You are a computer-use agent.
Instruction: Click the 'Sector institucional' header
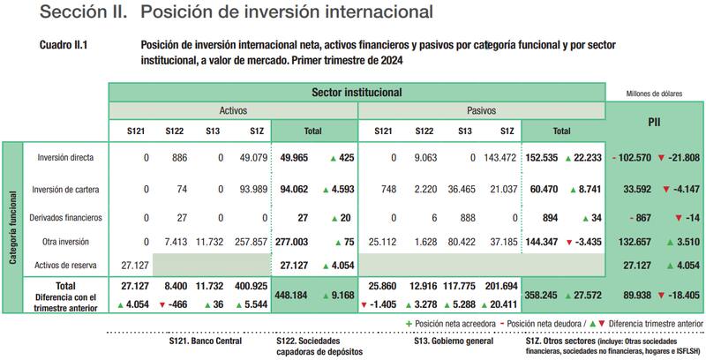[x=357, y=92]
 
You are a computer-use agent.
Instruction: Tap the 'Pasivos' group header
[x=482, y=111]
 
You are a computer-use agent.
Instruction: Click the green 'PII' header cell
[x=654, y=121]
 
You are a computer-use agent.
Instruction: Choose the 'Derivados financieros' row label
[x=66, y=217]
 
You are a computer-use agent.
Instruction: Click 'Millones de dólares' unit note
[x=657, y=93]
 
